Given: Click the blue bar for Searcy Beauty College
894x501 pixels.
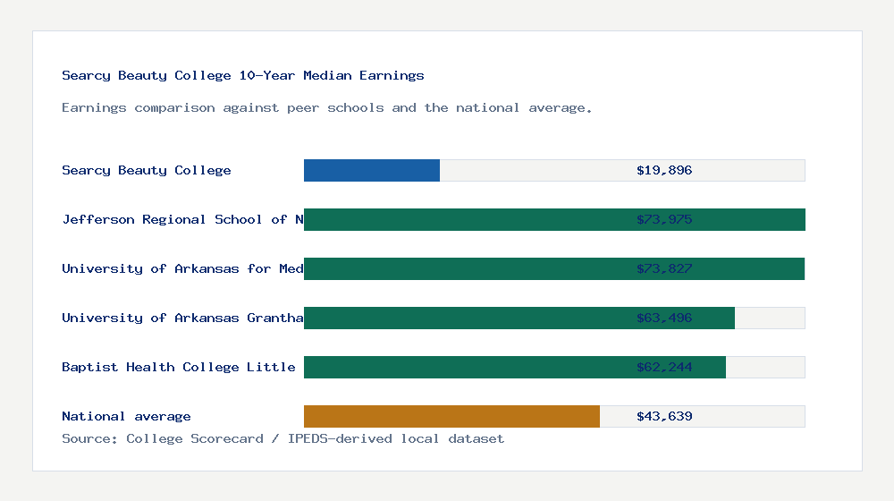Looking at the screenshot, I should (x=372, y=170).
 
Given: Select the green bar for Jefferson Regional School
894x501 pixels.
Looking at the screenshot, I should (x=465, y=219).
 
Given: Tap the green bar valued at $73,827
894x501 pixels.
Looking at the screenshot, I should (x=465, y=268).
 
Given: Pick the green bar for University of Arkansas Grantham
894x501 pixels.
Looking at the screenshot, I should (x=465, y=318).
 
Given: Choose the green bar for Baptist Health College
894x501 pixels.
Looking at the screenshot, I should (x=465, y=367).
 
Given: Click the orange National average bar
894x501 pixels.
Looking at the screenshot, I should (x=451, y=416).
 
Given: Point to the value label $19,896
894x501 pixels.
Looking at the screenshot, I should (x=664, y=170).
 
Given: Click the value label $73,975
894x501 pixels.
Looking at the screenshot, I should (x=664, y=219).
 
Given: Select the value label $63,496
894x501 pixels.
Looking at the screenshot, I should (x=664, y=318).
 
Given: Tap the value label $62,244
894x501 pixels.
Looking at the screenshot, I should (x=664, y=367).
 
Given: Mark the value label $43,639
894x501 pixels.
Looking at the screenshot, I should (x=664, y=416).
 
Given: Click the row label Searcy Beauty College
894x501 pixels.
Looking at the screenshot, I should (x=147, y=170).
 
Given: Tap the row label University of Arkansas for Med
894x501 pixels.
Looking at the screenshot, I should (x=182, y=268).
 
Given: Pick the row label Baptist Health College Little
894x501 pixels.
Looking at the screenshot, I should (x=179, y=367).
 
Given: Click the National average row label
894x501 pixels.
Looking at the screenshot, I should (x=126, y=416).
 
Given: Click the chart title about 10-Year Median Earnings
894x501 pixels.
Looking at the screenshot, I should (x=243, y=75).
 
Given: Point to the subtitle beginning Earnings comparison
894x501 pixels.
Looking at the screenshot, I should (x=326, y=107).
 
